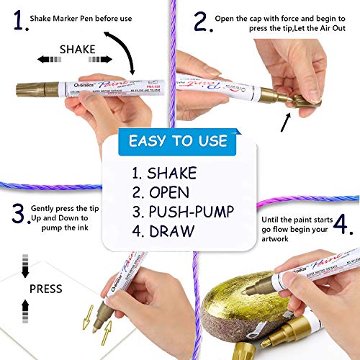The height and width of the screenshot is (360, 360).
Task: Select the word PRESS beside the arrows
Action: pos(46,289)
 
